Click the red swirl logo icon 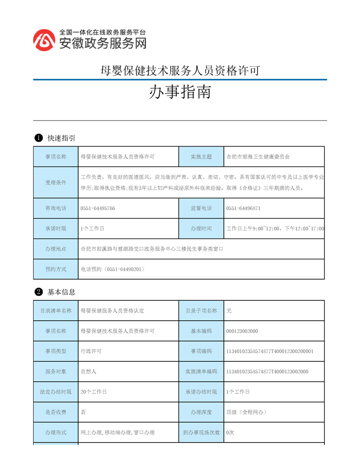(44, 40)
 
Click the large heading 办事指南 (180, 92)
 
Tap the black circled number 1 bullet (38, 138)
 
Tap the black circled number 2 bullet (38, 292)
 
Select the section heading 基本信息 (61, 292)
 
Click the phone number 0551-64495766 (98, 208)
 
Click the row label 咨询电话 (56, 208)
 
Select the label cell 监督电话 (201, 208)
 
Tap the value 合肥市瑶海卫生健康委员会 (258, 157)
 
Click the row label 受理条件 (56, 182)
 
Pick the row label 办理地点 (56, 249)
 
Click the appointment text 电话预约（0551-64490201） (113, 269)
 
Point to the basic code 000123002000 (242, 331)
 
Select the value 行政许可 (91, 351)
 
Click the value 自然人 (88, 371)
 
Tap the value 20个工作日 (94, 392)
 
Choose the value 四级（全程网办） (246, 412)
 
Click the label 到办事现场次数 (201, 432)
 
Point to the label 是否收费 (56, 412)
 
